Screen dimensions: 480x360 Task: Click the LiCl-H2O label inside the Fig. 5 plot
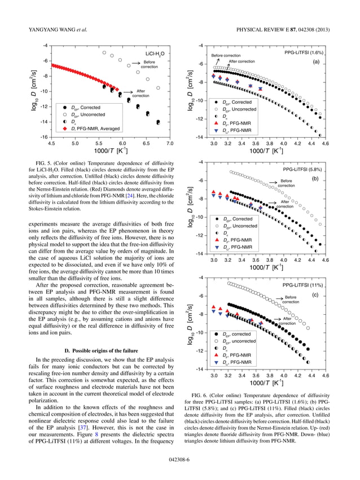(x=152, y=54)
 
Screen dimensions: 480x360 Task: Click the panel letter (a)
(x=316, y=63)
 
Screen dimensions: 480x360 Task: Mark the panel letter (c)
(x=316, y=294)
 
